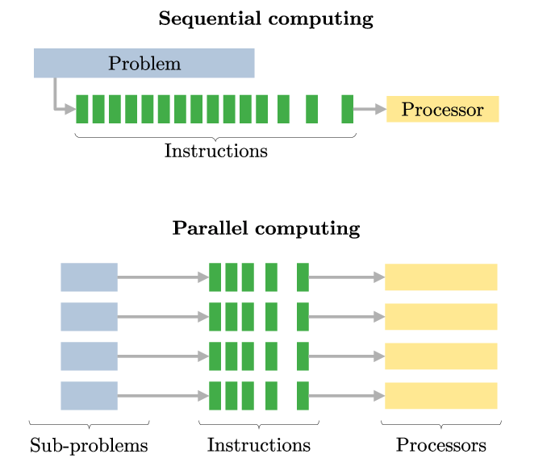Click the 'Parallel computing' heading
[x=265, y=228]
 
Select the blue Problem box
[x=144, y=63]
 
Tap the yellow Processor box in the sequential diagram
[x=442, y=109]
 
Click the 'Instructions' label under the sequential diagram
[x=215, y=151]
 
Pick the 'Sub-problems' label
[x=89, y=445]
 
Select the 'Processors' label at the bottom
[x=440, y=445]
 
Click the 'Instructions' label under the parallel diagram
[x=258, y=445]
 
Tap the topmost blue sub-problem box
[x=89, y=277]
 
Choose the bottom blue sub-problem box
[x=89, y=395]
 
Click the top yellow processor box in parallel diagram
[x=440, y=277]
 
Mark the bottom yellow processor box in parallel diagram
[x=440, y=395]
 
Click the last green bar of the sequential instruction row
[x=347, y=109]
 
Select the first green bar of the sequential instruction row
[x=81, y=109]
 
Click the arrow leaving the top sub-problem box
[x=161, y=277]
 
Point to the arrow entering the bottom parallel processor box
[x=347, y=395]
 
